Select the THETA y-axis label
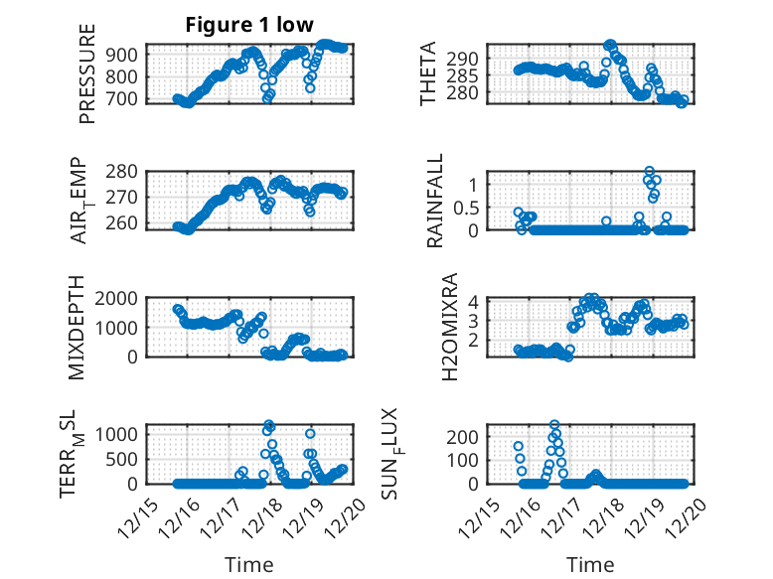pos(428,73)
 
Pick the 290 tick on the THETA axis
pos(467,58)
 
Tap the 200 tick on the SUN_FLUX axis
pos(467,436)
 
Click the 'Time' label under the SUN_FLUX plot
pos(590,565)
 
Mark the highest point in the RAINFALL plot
pos(649,172)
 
